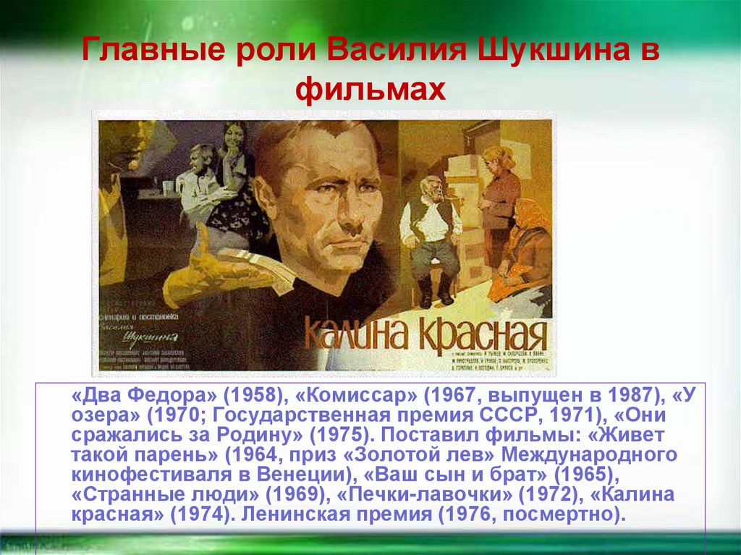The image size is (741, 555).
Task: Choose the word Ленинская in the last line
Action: click(x=311, y=516)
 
